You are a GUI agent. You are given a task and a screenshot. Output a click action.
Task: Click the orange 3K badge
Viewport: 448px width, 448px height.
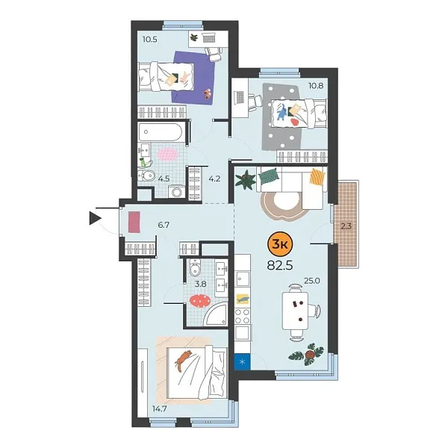pyautogui.click(x=280, y=243)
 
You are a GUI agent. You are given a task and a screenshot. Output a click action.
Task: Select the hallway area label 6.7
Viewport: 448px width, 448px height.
pyautogui.click(x=164, y=223)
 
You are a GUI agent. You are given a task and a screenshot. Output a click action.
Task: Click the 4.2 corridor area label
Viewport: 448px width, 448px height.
pyautogui.click(x=215, y=178)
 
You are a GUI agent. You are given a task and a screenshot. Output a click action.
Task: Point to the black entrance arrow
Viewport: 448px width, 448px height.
pyautogui.click(x=95, y=218)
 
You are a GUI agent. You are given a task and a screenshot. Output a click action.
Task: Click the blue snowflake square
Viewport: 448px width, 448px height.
pyautogui.click(x=242, y=362)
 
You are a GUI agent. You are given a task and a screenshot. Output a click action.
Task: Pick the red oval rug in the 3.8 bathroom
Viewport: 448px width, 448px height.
pyautogui.click(x=199, y=300)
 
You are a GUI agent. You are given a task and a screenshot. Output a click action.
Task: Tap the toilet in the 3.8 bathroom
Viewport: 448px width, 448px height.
pyautogui.click(x=193, y=270)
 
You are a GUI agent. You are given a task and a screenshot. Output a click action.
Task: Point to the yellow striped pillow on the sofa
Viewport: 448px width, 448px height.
pyautogui.click(x=319, y=177)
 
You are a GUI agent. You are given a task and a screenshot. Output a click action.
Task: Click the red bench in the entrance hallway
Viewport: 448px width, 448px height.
pyautogui.click(x=134, y=223)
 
